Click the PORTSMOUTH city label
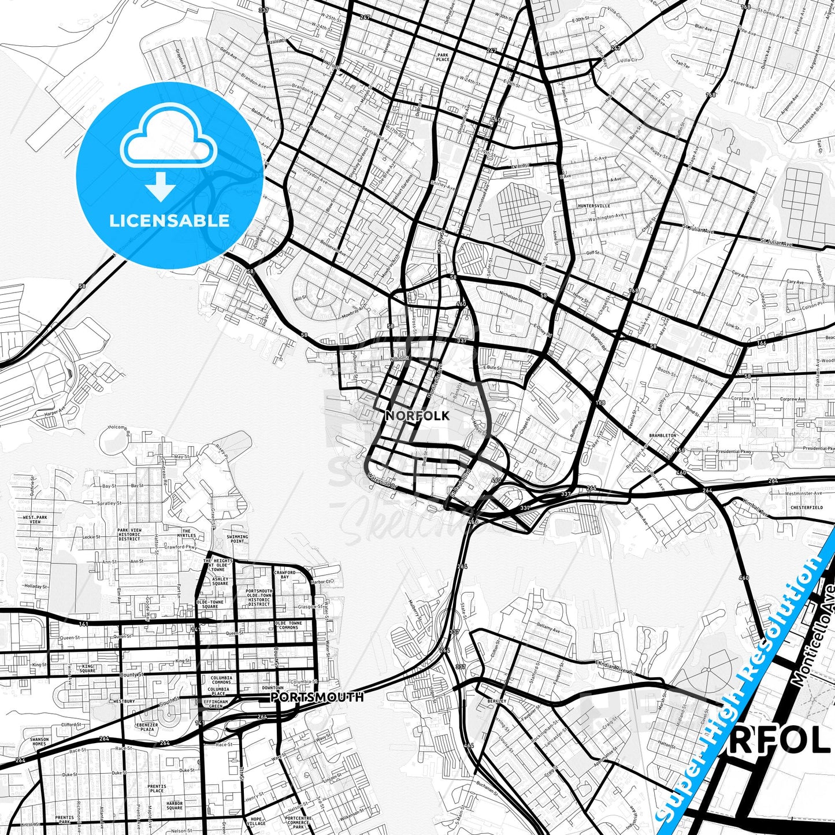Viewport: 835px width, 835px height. [317, 697]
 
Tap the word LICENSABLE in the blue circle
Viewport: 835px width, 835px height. [169, 220]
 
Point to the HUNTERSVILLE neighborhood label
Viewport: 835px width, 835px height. [593, 206]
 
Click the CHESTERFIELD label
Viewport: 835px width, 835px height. [807, 507]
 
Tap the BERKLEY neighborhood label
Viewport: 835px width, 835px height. [496, 701]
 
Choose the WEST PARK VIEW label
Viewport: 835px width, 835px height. [35, 519]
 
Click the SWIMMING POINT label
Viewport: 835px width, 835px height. [237, 539]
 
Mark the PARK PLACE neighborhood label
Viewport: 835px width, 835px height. [443, 57]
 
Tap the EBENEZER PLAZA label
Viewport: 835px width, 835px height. [146, 727]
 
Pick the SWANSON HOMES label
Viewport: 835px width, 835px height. [39, 741]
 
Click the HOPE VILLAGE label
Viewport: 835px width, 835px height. [257, 822]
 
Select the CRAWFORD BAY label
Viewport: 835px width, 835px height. [285, 574]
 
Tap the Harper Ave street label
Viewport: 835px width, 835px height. [54, 412]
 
